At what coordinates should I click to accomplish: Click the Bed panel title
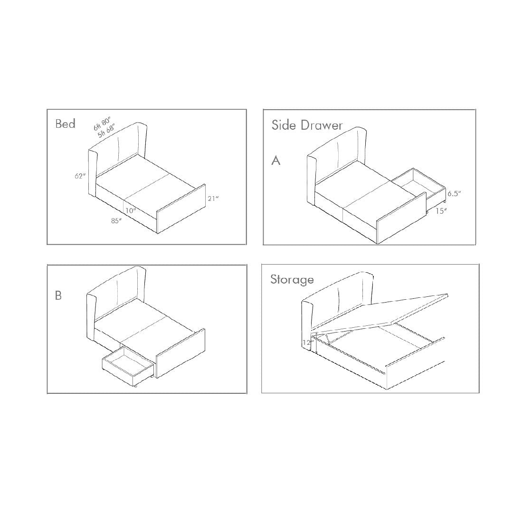pos(66,123)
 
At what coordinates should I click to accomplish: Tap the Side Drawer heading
pos(307,125)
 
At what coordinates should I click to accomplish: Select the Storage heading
pos(292,280)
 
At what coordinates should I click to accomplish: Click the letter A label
pos(276,161)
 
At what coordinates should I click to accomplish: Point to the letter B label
pos(58,295)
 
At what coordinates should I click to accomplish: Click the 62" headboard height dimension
pos(80,176)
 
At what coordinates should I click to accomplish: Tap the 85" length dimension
pos(116,221)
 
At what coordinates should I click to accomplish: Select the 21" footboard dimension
pos(213,198)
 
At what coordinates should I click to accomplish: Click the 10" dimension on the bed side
pos(131,210)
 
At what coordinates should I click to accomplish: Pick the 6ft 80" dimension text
pos(102,124)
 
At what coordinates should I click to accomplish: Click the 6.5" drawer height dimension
pos(454,193)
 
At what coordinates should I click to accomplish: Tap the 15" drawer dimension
pos(441,211)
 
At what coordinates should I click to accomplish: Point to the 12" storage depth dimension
pos(308,342)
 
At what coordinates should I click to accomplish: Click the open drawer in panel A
pos(418,190)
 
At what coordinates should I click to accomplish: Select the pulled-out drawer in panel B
pos(128,365)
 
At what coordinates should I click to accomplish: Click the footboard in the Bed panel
pos(181,209)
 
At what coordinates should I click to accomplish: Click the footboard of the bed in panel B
pos(180,353)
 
